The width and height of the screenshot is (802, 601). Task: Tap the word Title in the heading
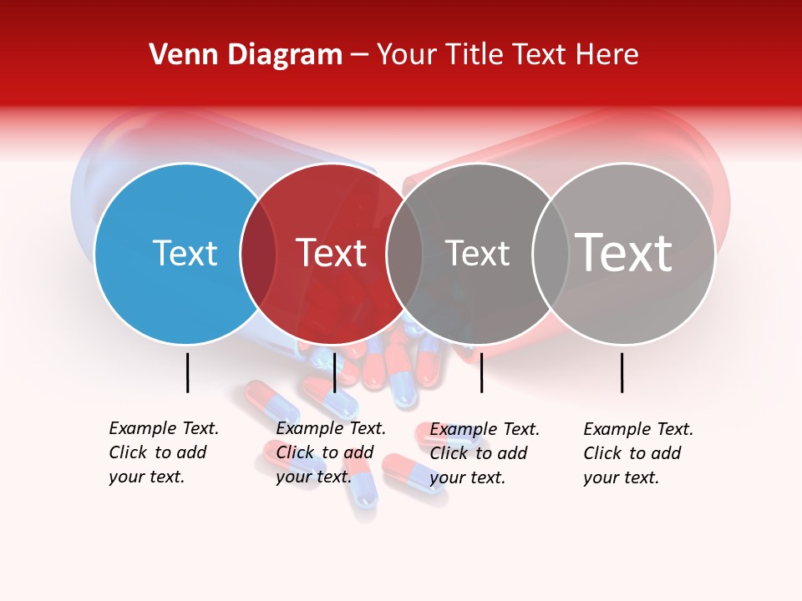(476, 55)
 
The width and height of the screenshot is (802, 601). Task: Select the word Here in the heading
(607, 55)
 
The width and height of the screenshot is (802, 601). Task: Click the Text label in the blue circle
(185, 253)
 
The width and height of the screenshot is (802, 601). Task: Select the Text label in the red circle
(331, 253)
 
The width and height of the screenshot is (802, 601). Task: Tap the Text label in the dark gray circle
(477, 253)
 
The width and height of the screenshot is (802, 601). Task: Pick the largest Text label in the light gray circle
(623, 253)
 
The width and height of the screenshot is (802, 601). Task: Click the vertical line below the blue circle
(187, 372)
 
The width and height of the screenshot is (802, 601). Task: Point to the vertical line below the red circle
(334, 372)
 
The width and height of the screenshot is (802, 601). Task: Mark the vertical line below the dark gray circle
(482, 372)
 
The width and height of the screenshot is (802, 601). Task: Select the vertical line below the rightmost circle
(622, 372)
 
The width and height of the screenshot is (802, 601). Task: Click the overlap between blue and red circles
(258, 253)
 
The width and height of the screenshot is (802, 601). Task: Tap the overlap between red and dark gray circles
(404, 253)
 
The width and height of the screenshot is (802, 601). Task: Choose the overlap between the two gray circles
(549, 253)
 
